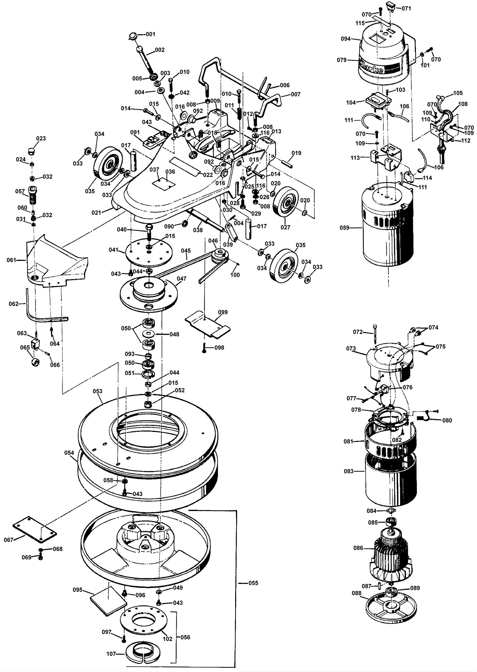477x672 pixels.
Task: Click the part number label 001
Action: pos(150,34)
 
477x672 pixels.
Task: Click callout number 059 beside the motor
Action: pos(345,228)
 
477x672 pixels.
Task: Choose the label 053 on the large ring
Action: pos(97,391)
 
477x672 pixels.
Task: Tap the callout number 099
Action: pos(223,312)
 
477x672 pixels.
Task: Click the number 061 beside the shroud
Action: pos(11,260)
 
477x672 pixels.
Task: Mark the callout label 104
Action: pos(351,103)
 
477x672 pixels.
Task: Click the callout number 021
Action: pos(96,212)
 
